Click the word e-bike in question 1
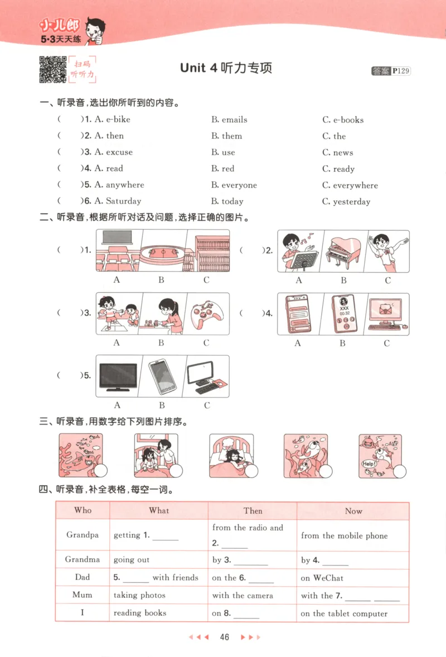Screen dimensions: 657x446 [118, 119]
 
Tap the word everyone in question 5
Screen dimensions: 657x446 [239, 185]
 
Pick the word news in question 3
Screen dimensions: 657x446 [343, 152]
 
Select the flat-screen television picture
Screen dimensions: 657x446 [118, 376]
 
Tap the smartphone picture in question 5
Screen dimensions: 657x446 [162, 376]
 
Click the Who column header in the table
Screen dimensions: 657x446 [83, 510]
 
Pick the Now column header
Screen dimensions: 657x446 [353, 511]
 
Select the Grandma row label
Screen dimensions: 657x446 [83, 559]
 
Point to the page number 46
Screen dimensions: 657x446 [225, 637]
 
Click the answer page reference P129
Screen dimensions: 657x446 [401, 71]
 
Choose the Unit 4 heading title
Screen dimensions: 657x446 [226, 68]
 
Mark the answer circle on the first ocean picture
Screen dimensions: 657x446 [100, 471]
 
